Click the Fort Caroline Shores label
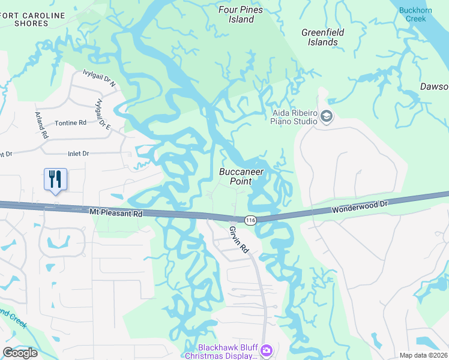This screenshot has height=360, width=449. [24, 19]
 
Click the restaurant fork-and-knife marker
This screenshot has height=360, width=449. [55, 179]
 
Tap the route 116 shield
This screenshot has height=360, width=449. [250, 221]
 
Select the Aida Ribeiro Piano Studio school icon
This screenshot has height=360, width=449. [327, 116]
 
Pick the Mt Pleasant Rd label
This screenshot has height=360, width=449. [116, 213]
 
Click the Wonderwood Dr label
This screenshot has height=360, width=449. [360, 208]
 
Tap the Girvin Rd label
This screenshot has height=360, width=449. [238, 238]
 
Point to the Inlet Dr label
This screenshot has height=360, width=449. [79, 154]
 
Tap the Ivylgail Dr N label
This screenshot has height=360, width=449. [98, 80]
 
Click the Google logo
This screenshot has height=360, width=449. [20, 353]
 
